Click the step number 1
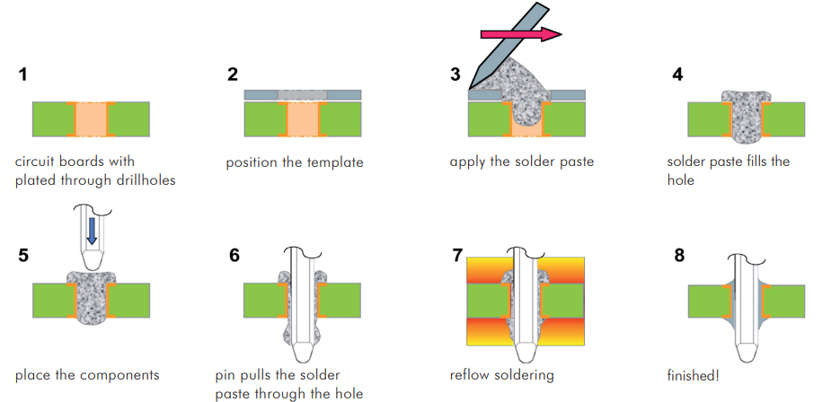(x=22, y=74)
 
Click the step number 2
(x=233, y=74)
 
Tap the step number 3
(x=455, y=74)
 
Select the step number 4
(x=677, y=74)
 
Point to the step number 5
(x=22, y=255)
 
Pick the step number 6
(x=234, y=255)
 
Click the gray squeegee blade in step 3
(x=493, y=53)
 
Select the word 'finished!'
(x=694, y=374)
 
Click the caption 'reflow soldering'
(x=502, y=374)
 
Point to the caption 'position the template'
(x=294, y=162)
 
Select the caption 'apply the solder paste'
(x=522, y=162)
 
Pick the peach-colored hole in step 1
(x=90, y=119)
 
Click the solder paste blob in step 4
(x=745, y=117)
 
